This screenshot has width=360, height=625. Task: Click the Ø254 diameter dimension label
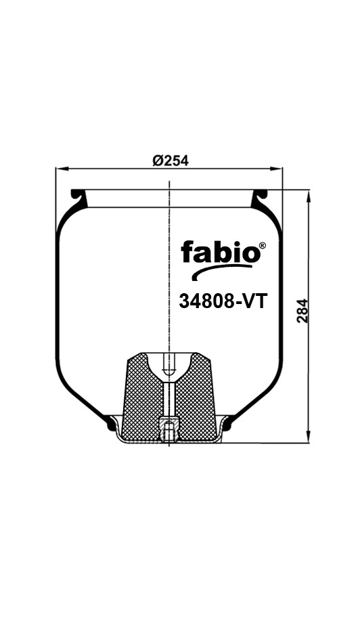(x=171, y=160)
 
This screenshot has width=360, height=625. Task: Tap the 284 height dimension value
(x=303, y=311)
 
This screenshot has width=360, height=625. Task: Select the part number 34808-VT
(x=223, y=301)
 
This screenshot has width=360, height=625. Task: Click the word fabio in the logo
(x=220, y=253)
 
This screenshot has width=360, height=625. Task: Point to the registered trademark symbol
(x=263, y=246)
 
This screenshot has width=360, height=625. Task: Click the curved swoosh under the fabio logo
(x=221, y=271)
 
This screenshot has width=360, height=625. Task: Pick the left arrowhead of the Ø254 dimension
(x=62, y=169)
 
